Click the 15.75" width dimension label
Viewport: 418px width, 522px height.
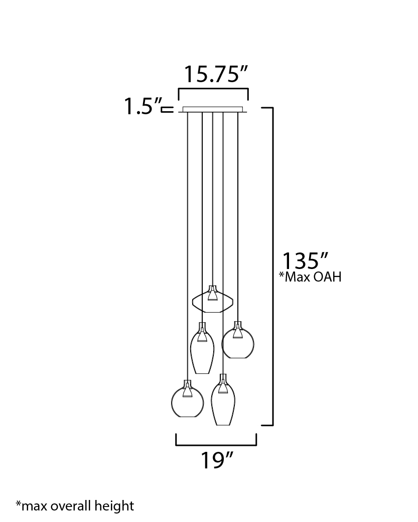pyautogui.click(x=216, y=74)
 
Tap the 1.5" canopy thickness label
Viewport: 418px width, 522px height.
pyautogui.click(x=143, y=106)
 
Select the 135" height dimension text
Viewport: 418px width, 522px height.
pyautogui.click(x=306, y=260)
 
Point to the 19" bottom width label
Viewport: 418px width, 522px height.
pyautogui.click(x=216, y=460)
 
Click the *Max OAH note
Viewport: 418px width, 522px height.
pyautogui.click(x=310, y=277)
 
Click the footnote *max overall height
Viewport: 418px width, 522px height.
pyautogui.click(x=75, y=506)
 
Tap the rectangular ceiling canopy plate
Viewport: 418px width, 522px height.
pyautogui.click(x=213, y=110)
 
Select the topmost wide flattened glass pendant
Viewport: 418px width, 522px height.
pyautogui.click(x=212, y=299)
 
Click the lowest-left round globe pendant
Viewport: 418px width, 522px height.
pyautogui.click(x=187, y=399)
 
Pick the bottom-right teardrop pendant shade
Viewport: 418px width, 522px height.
pyautogui.click(x=223, y=399)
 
